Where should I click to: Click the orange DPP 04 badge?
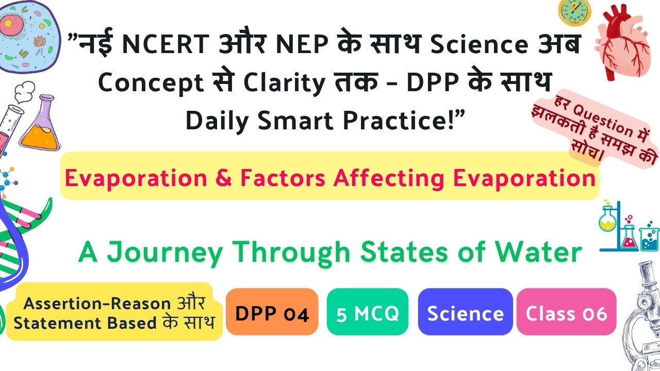272,312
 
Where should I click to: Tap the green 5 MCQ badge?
368,312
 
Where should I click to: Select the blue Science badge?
465,312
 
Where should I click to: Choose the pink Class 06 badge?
566,312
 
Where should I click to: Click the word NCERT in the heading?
166,44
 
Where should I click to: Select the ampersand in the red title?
224,178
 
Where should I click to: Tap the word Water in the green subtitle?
538,252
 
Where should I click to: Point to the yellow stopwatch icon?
574,12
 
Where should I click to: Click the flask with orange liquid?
40,123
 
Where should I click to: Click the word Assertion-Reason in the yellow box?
97,303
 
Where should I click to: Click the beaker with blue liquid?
649,239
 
